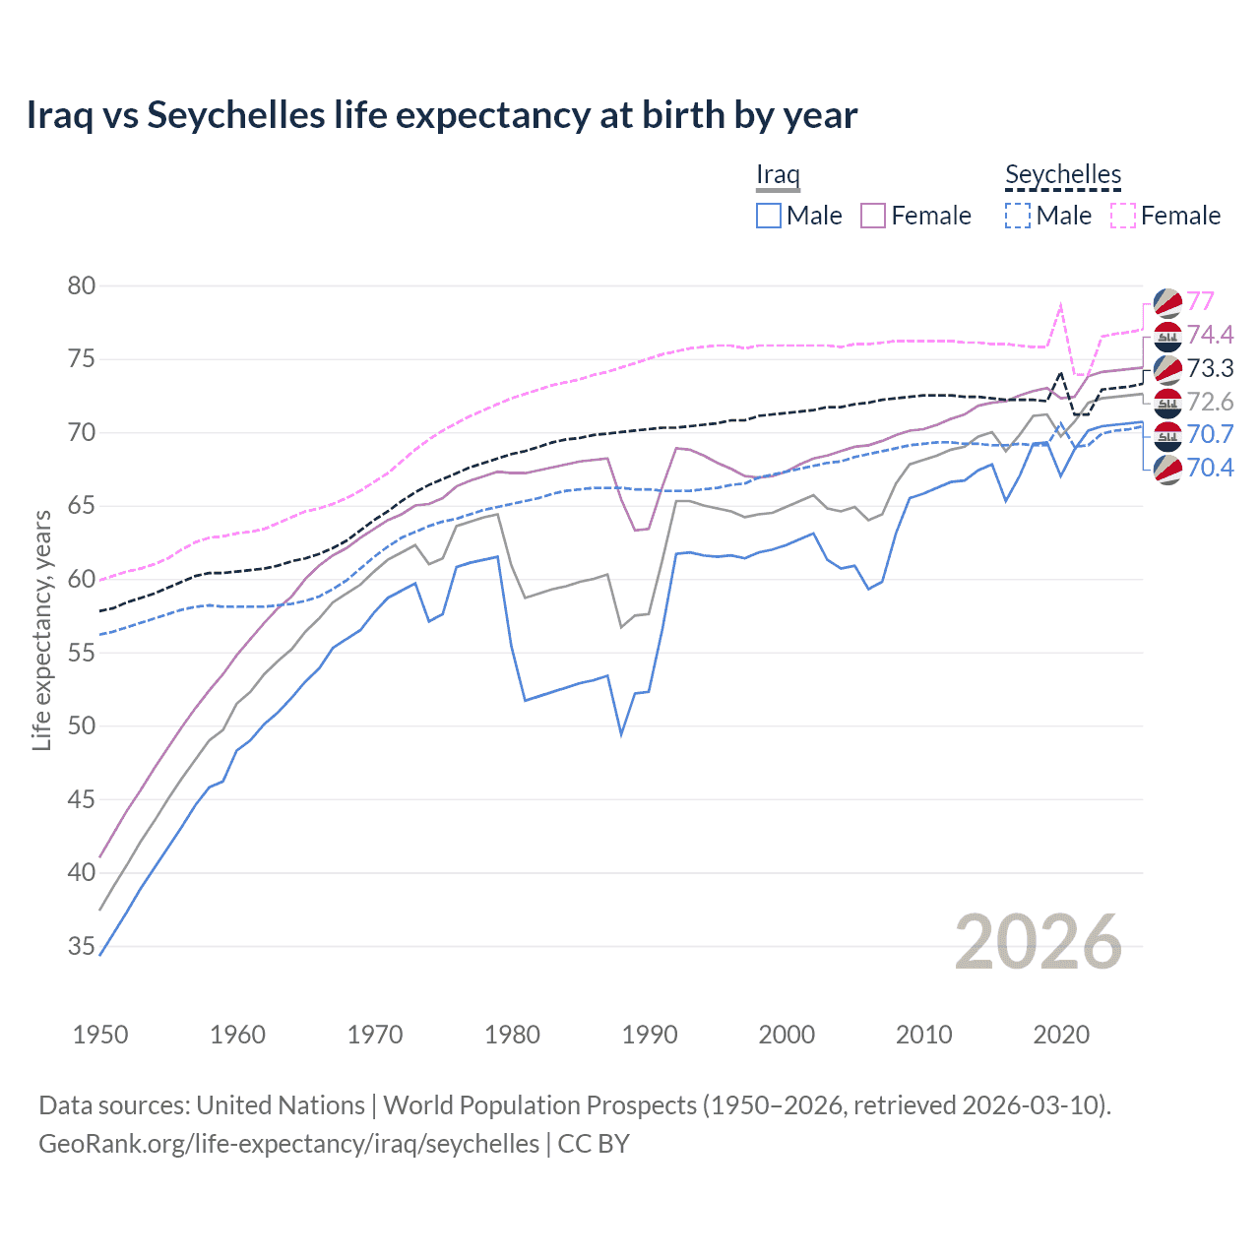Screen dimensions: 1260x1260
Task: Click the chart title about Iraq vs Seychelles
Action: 441,115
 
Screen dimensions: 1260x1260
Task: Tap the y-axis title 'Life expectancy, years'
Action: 41,630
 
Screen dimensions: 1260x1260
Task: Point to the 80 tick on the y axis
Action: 82,286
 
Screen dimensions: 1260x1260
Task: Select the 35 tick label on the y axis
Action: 82,947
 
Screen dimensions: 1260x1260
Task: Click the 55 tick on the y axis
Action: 82,653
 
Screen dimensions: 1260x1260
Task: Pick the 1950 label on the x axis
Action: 100,1035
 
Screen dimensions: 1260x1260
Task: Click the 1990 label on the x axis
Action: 650,1035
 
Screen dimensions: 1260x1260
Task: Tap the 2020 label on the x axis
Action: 1061,1035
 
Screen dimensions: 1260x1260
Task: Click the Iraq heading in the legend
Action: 778,175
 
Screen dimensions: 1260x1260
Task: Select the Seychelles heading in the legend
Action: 1063,175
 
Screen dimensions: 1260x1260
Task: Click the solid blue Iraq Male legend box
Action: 769,216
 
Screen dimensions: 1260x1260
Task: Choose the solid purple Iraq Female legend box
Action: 873,216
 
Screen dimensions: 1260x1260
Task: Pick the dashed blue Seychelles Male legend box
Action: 1018,216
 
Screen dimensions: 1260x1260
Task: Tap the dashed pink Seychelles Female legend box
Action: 1123,216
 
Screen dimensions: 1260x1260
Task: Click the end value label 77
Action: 1200,301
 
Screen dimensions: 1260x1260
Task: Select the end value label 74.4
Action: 1210,335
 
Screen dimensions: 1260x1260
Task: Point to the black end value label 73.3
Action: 1210,368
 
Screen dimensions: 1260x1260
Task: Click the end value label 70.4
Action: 1210,468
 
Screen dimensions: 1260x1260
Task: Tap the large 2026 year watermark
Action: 1038,942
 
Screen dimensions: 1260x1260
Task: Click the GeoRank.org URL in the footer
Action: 288,1144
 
